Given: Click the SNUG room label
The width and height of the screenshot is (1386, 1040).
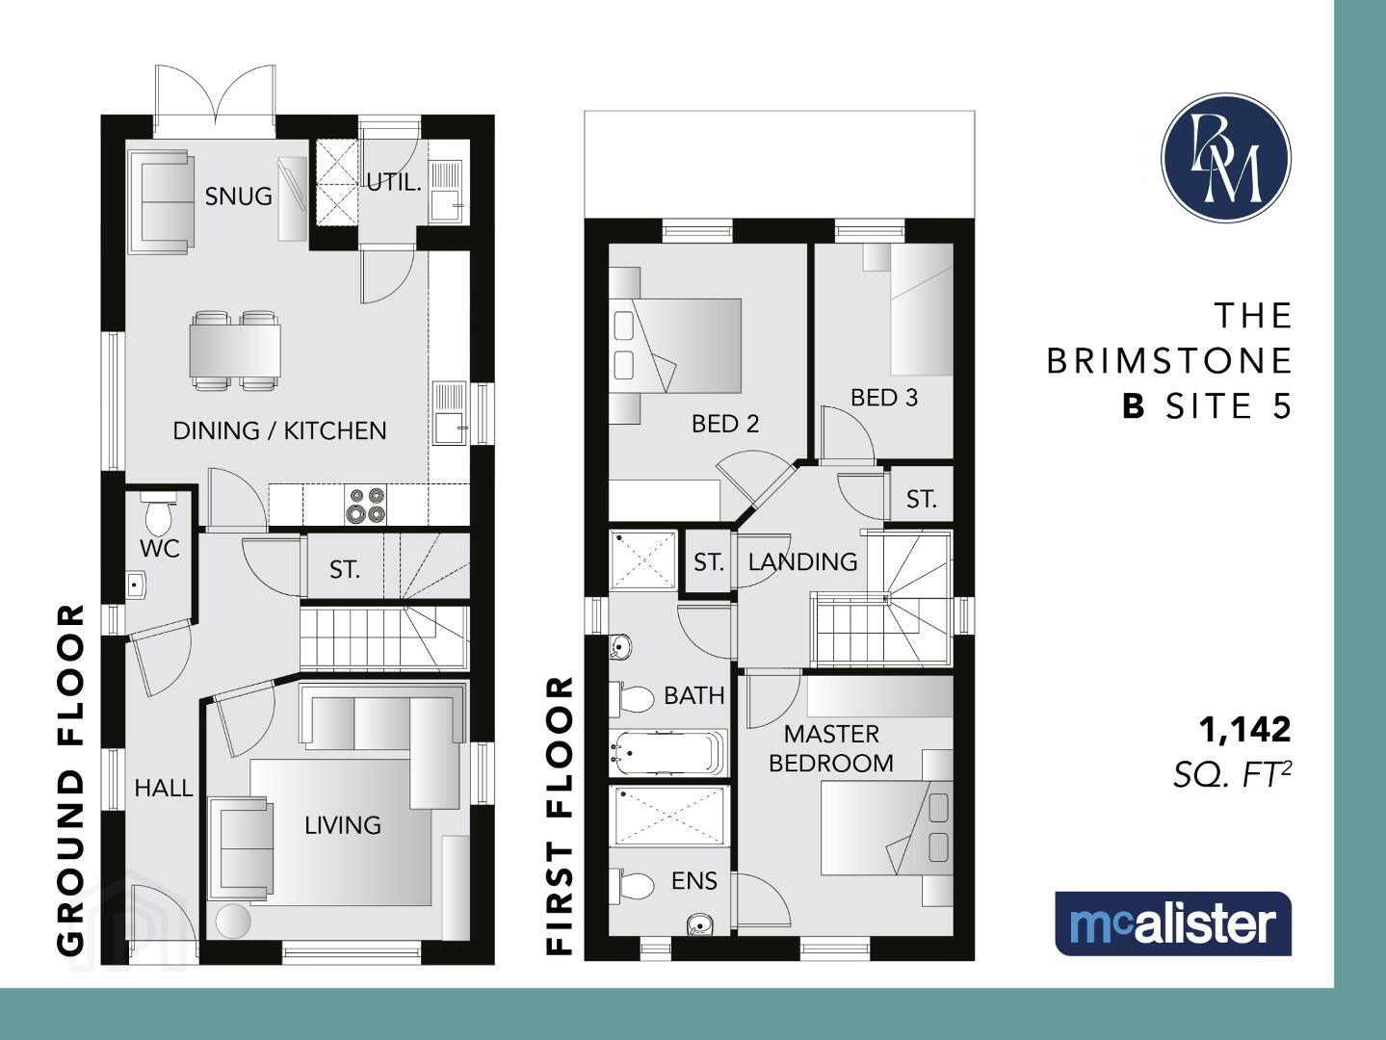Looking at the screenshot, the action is pos(238,196).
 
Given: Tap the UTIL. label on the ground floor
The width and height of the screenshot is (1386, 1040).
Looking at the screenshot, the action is pos(393,183).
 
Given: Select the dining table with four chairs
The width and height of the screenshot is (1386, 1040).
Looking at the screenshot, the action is pos(235,351).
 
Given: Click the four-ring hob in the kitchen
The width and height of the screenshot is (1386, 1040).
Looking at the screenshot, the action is pos(366,505).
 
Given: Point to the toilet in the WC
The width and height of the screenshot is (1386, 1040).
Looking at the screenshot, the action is pos(158,515).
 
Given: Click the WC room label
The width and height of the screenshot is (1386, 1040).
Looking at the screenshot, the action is pos(160,549).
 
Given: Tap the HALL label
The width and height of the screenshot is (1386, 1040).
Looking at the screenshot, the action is pos(164,788).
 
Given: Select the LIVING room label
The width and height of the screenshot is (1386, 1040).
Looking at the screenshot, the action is pos(343,825).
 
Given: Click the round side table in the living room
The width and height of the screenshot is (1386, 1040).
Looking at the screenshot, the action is pos(233,922).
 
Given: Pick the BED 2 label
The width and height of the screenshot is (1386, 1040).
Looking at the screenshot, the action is pos(725,424).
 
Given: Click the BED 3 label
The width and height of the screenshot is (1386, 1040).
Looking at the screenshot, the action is pos(884,397).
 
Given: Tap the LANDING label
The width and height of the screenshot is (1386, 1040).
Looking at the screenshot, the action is pos(802,561).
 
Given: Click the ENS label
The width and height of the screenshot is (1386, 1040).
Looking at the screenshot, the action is pos(693,880).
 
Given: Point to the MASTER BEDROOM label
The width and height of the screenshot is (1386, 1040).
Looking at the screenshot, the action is pos(831,748).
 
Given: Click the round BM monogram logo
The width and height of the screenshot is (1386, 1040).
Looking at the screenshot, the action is pos(1225,158).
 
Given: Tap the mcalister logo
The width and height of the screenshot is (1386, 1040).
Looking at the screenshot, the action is pos(1173,923).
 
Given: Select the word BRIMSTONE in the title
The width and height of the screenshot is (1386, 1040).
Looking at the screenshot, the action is pos(1168,361).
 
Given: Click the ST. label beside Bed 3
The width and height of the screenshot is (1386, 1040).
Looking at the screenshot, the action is pos(921,499).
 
